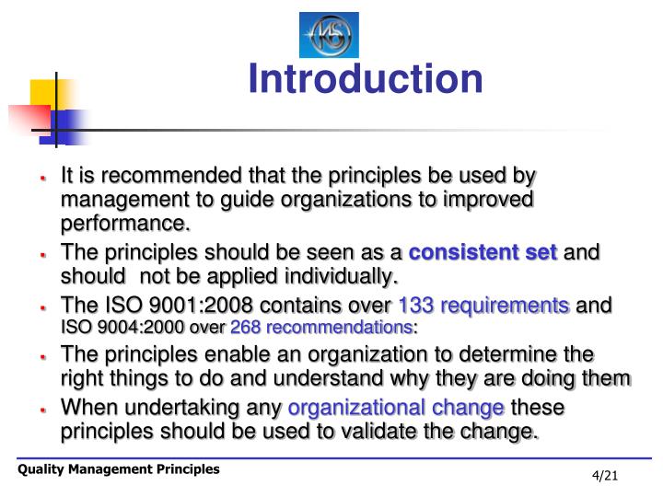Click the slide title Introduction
tap(365, 79)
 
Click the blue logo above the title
tap(329, 35)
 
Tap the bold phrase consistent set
tap(483, 253)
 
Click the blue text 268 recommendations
tap(320, 328)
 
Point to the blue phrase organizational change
tap(396, 409)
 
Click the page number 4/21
tap(606, 475)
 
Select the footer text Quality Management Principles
tap(120, 469)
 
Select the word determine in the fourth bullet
tap(517, 355)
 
